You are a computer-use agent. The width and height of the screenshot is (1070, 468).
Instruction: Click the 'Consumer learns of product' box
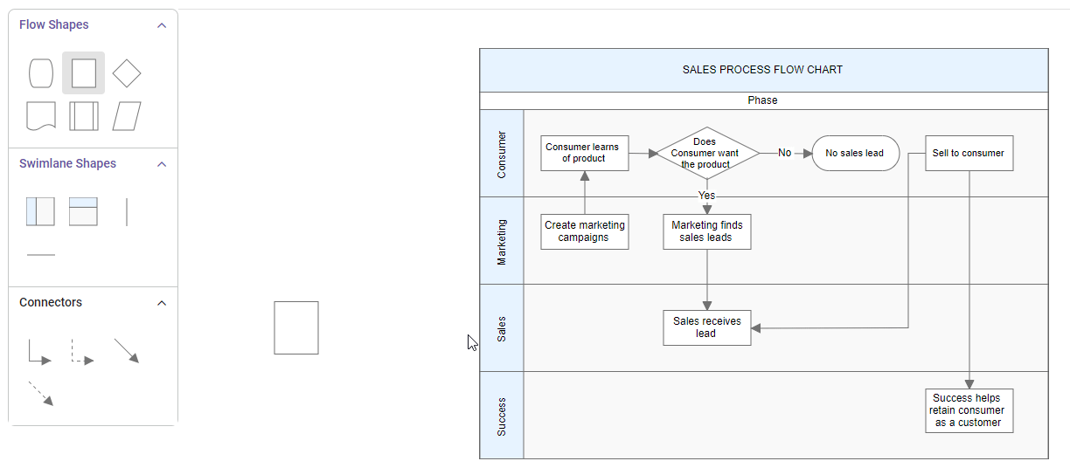coord(584,153)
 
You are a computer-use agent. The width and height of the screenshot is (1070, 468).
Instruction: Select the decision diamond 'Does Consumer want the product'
coord(706,153)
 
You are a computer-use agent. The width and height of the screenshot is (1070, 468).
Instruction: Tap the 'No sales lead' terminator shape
coord(855,153)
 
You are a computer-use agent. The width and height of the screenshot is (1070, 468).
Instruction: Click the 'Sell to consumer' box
coord(969,153)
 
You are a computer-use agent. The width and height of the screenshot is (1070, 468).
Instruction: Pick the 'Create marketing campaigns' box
coord(584,231)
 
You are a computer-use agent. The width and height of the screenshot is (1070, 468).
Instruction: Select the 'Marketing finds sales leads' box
coord(706,231)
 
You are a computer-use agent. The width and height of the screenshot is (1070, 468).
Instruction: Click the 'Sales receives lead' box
coord(706,327)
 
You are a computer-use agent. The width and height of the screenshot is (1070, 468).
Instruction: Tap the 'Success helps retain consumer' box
coord(969,410)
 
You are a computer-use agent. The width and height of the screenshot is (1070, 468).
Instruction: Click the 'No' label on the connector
coord(784,153)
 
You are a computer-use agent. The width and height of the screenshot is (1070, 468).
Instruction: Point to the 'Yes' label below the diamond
coord(706,195)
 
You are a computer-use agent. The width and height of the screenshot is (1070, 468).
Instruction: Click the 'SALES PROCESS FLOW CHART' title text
coord(762,70)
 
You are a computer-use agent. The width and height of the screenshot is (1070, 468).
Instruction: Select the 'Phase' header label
coord(762,100)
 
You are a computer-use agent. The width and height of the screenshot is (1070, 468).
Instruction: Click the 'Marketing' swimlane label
coord(502,241)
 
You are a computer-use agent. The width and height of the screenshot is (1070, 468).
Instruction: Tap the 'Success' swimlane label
coord(502,416)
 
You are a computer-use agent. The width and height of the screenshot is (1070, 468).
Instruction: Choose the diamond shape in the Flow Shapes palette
coord(127,73)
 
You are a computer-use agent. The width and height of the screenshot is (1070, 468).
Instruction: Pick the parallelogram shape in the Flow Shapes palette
coord(127,116)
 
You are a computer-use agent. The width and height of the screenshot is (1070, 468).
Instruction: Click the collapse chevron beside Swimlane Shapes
coord(162,164)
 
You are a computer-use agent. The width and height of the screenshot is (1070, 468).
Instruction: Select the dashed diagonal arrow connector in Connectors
coord(41,393)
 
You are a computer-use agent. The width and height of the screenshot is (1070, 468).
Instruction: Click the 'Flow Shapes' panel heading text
coord(54,24)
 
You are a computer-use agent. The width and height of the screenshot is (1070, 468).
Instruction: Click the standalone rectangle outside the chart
coord(296,327)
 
